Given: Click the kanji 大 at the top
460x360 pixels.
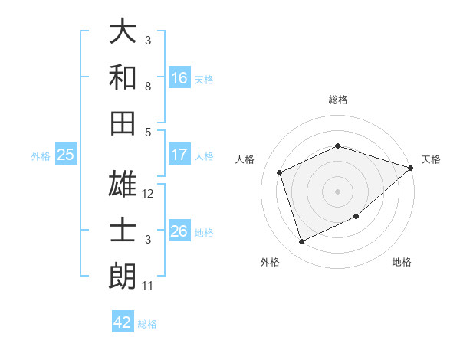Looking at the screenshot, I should pos(123,32).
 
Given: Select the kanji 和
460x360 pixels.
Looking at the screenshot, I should pos(123,77).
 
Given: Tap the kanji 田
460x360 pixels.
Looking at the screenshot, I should pos(123,122).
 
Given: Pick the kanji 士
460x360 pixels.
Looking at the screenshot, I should pos(123,230).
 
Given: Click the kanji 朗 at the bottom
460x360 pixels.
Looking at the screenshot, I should pos(123,275).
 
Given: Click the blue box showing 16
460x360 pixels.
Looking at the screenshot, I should pos(179,78).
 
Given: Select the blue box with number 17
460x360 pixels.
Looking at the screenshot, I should pos(179,155).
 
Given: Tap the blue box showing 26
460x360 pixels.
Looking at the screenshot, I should pos(179,231).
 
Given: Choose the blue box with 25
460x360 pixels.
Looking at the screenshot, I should pos(66,155).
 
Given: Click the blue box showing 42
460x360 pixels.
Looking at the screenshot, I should pos(123,322).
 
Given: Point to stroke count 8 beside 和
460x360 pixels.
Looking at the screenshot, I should pos(148,87).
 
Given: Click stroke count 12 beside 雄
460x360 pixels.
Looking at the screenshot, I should pos(149,194).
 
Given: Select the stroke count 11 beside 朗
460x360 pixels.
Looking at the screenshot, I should pos(148,286).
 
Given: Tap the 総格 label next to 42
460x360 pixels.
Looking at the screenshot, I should pos(148,324).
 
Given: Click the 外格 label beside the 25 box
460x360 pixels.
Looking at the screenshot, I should pos(41,156).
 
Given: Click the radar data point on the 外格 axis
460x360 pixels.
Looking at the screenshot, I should pos(301,242).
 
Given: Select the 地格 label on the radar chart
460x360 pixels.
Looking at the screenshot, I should pos(402,262).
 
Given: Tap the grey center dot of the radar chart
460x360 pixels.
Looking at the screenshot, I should pos(337,191).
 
